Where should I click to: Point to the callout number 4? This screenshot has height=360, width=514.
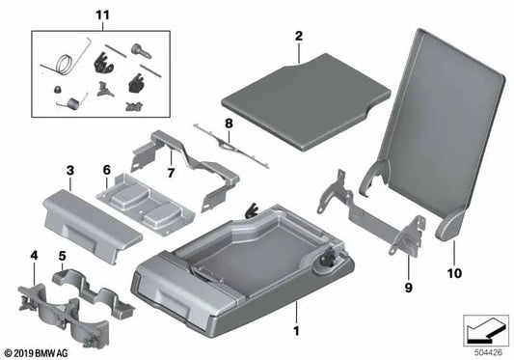[36, 256]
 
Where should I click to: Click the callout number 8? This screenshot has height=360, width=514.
[229, 124]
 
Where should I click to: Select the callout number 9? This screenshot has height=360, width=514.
[408, 261]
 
